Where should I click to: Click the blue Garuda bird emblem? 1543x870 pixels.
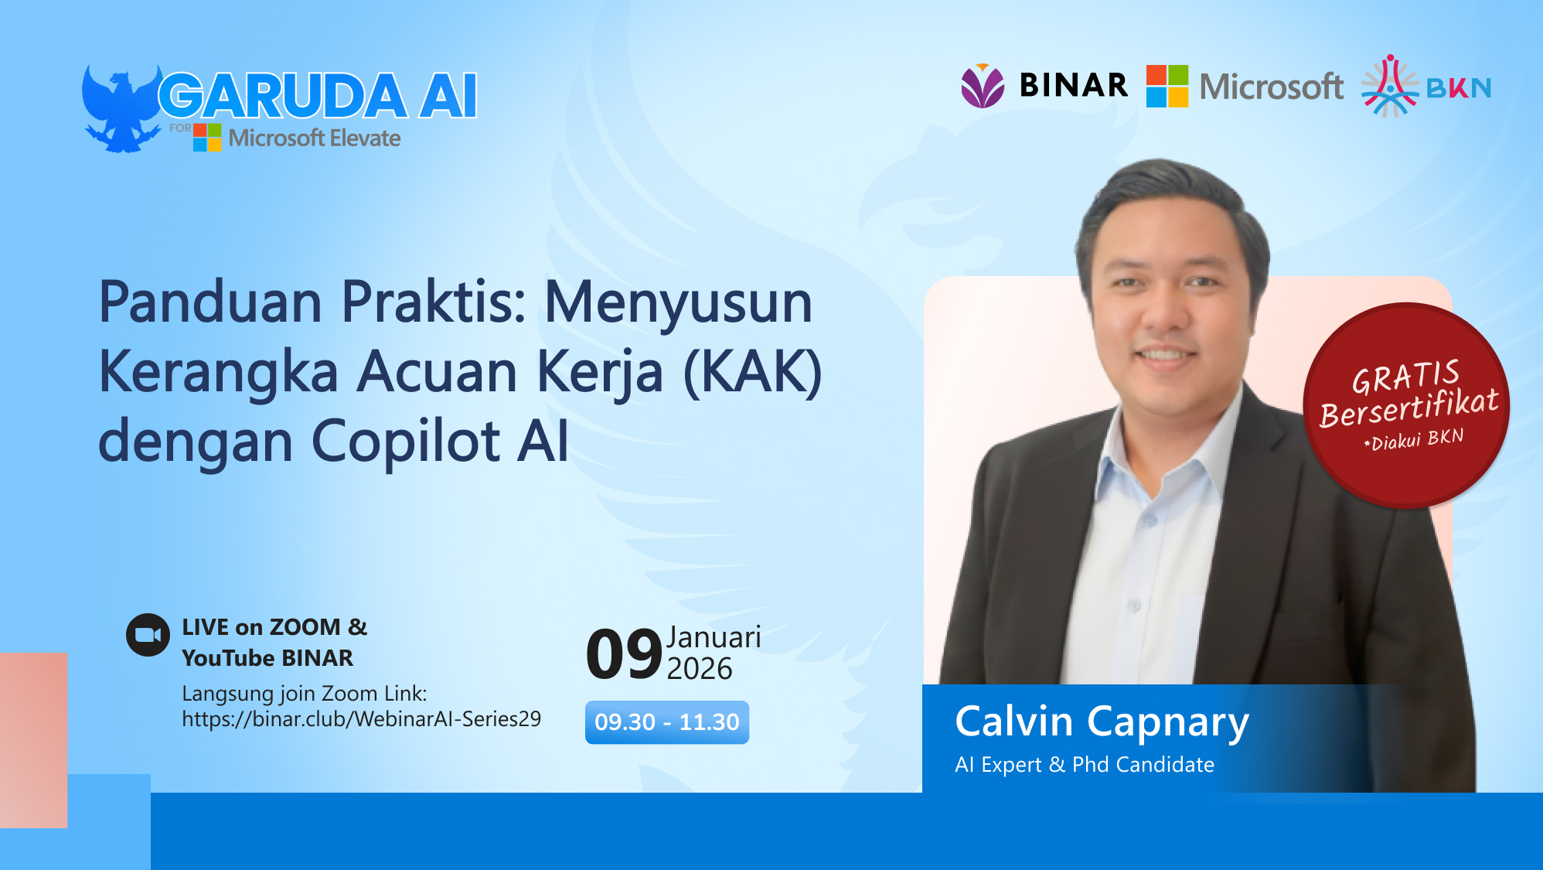click(x=121, y=109)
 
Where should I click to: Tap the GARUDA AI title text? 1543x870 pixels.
click(x=318, y=97)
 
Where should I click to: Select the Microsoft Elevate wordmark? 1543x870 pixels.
click(x=315, y=138)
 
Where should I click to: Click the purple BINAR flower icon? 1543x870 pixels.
click(x=983, y=86)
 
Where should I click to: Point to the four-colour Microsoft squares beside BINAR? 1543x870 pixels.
click(x=1167, y=86)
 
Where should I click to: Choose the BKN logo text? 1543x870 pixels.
click(x=1458, y=88)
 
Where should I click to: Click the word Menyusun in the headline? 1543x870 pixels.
click(x=678, y=302)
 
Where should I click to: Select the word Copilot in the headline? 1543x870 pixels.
click(x=406, y=442)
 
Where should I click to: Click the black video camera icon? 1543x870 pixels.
click(x=148, y=635)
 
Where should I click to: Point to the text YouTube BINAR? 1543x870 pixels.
click(x=267, y=658)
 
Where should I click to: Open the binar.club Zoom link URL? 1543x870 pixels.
click(x=361, y=719)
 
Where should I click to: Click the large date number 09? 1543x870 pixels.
click(x=624, y=655)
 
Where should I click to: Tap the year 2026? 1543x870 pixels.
click(x=699, y=669)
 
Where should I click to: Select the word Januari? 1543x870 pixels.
click(x=714, y=637)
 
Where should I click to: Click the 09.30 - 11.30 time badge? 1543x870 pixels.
click(x=666, y=722)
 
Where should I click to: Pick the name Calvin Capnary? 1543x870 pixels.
click(x=1102, y=722)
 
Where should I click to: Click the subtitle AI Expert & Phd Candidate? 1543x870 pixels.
click(x=1084, y=765)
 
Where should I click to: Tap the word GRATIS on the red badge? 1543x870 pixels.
click(x=1405, y=377)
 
